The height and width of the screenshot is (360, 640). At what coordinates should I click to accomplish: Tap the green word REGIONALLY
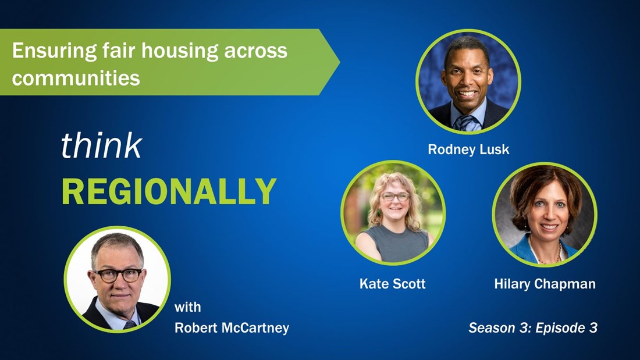click(x=169, y=191)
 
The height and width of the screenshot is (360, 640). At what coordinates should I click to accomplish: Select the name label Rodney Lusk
click(x=468, y=149)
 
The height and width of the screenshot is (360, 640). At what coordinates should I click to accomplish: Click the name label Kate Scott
click(x=392, y=284)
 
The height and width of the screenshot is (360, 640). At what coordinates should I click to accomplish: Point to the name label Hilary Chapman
click(x=545, y=284)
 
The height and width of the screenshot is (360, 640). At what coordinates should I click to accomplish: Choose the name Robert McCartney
click(x=232, y=327)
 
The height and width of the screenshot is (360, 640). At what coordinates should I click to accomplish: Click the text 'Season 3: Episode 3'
click(x=532, y=327)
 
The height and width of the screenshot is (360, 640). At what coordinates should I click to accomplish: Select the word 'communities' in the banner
click(x=76, y=77)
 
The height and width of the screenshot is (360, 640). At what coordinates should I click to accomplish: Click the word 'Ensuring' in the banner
click(x=54, y=51)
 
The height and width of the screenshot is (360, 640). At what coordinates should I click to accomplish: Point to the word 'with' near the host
click(x=187, y=306)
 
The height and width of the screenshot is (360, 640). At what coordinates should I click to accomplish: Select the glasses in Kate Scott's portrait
click(x=394, y=197)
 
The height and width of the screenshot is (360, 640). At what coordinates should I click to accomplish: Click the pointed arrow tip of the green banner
click(x=339, y=62)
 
